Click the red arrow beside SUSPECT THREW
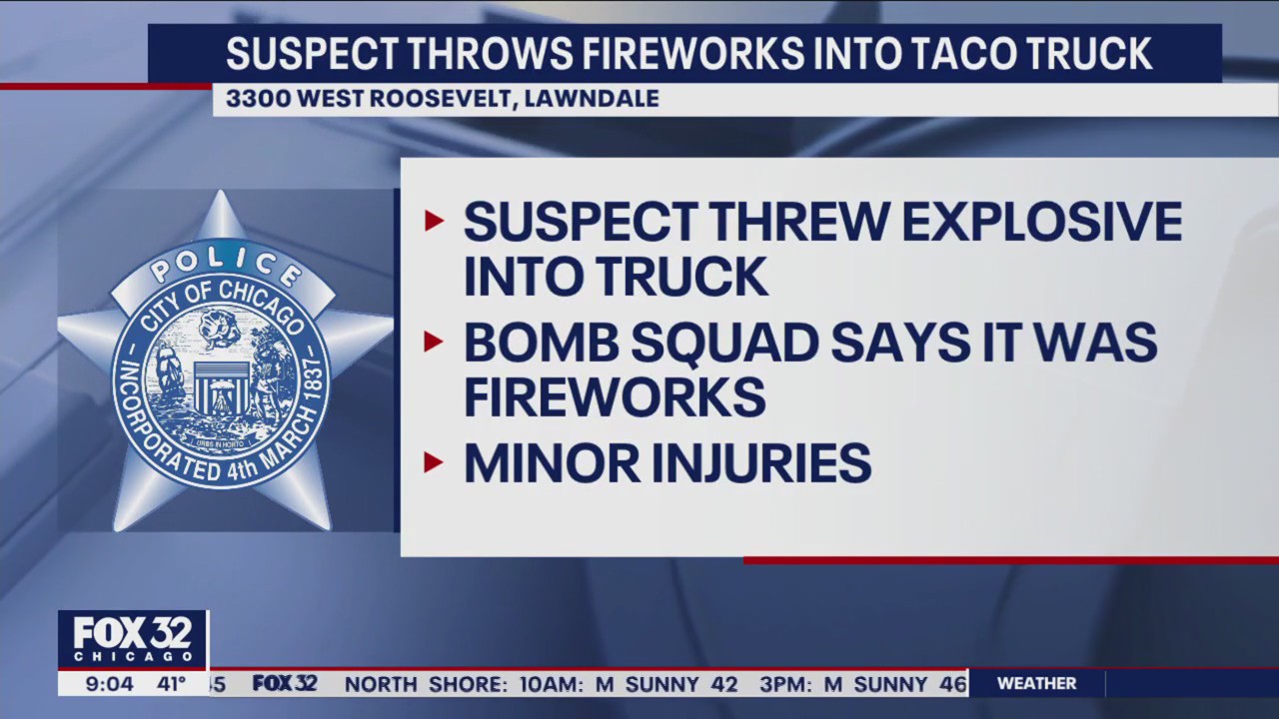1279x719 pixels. click(x=434, y=221)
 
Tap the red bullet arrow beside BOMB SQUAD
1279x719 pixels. click(x=434, y=342)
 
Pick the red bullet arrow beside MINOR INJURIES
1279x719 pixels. click(x=434, y=462)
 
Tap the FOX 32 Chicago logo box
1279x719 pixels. click(x=133, y=639)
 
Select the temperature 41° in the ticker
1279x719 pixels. click(x=169, y=684)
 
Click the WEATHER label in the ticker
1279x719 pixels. click(x=1036, y=684)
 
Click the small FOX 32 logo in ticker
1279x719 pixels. click(x=285, y=684)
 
